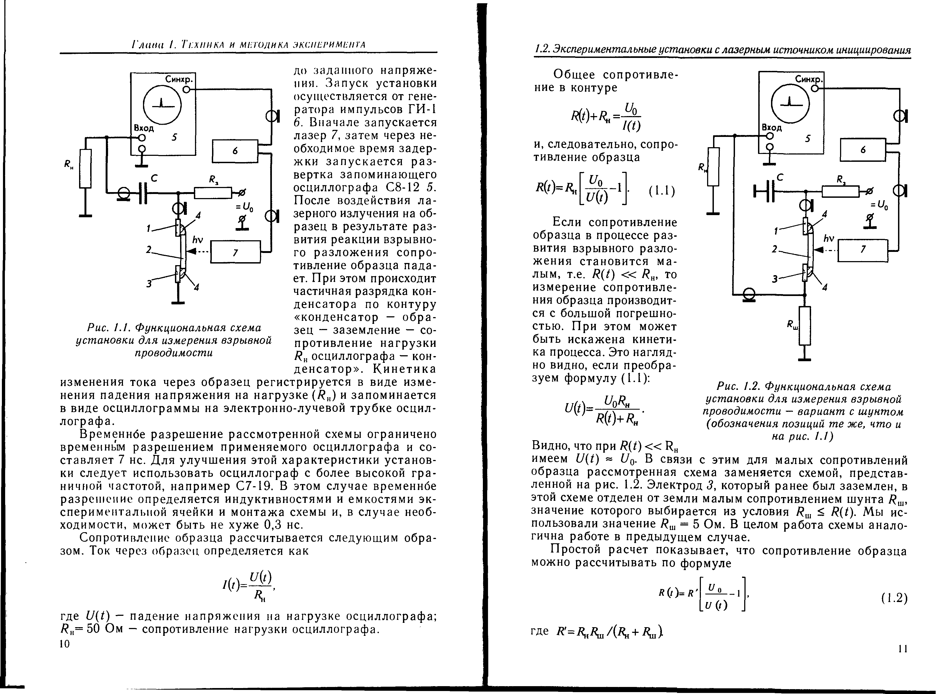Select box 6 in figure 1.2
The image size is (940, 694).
point(863,150)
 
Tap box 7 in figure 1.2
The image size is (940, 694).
point(863,250)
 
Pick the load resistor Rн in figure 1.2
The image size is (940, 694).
point(713,167)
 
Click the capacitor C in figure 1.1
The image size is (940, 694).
point(143,193)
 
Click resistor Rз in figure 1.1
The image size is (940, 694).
point(213,193)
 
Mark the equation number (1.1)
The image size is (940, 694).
point(661,192)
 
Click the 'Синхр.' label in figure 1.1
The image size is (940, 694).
point(179,79)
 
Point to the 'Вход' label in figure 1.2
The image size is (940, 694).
point(772,127)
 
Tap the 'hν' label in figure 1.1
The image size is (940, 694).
point(198,240)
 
